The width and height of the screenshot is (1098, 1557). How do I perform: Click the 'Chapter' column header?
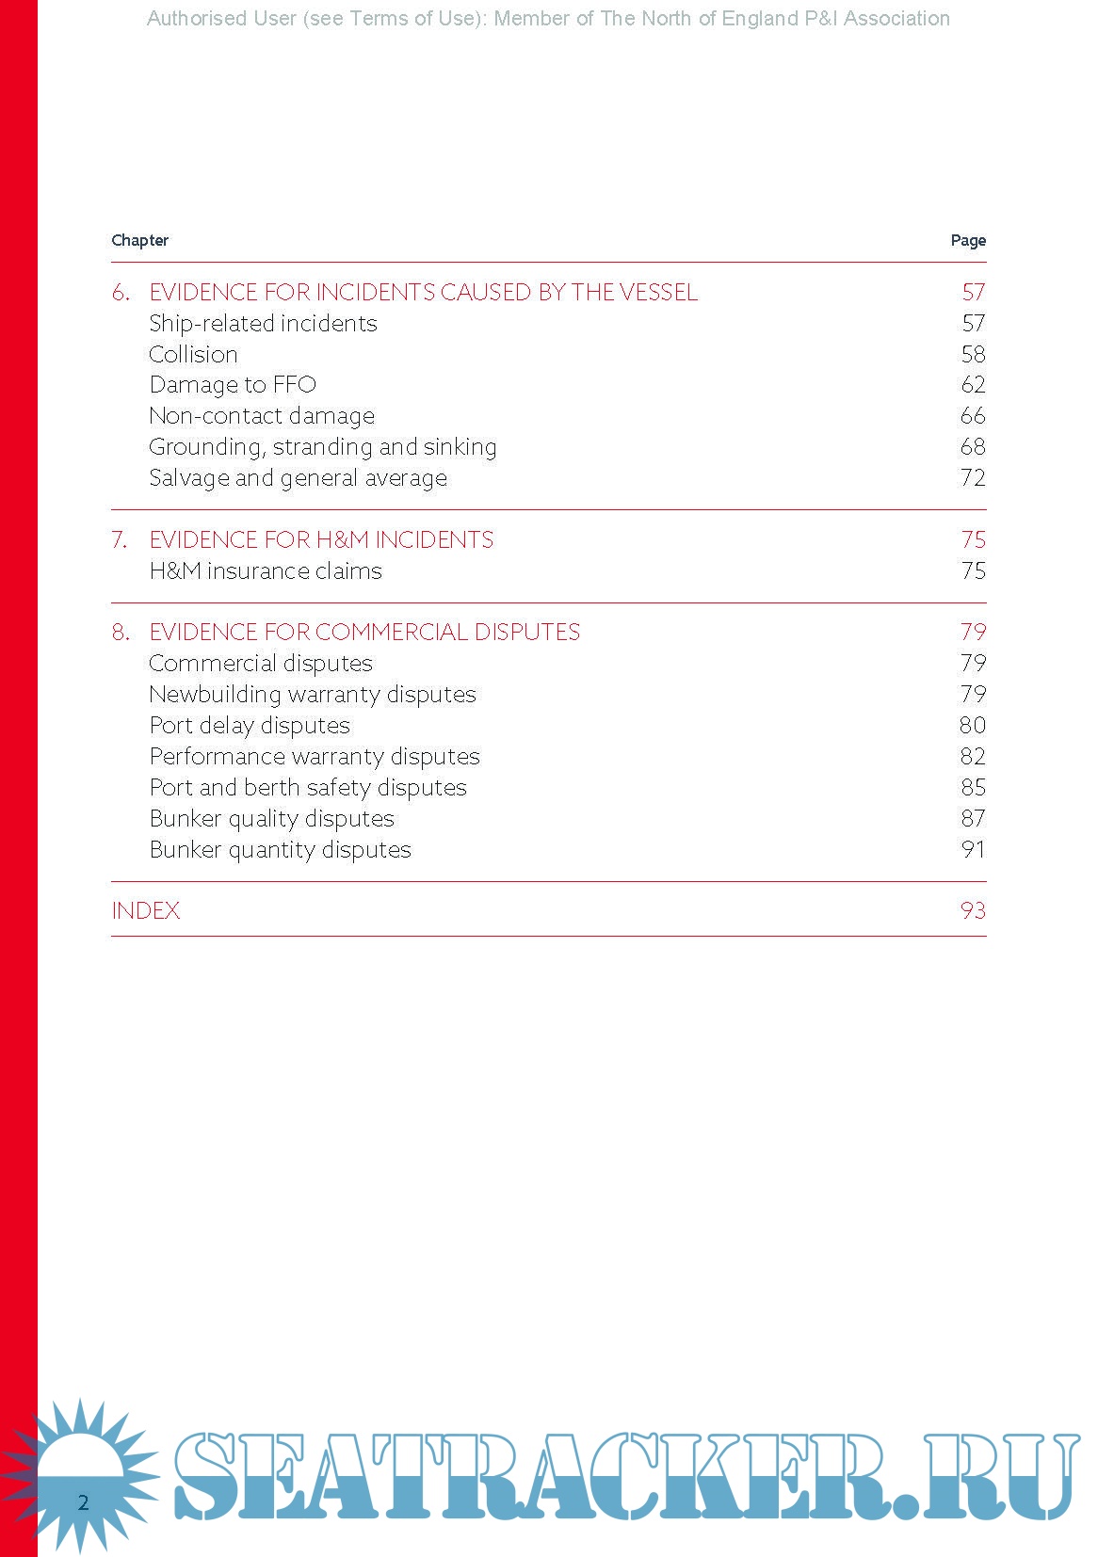point(139,240)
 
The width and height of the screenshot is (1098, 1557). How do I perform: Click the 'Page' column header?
point(968,240)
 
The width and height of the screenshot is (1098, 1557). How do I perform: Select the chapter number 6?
point(121,293)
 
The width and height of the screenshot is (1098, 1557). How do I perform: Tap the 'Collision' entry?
point(193,355)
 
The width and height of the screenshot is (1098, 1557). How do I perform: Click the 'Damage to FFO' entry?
point(233,385)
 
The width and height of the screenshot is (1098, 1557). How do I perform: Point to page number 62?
point(973,385)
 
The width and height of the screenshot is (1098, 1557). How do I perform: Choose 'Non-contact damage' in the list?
point(262,416)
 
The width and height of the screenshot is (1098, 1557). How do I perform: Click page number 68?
point(973,447)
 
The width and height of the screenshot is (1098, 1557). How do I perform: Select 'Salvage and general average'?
point(298,478)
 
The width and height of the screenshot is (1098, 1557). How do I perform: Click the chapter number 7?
point(120,540)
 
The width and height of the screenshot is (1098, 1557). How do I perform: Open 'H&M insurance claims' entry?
point(266,571)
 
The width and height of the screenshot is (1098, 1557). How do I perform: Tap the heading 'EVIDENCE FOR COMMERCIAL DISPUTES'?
point(364,632)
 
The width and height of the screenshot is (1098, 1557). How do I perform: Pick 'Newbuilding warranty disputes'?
point(313,695)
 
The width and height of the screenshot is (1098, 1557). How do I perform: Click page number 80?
point(973,726)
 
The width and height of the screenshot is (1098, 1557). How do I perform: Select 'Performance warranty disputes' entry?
point(315,757)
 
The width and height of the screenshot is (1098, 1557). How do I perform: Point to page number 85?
point(973,788)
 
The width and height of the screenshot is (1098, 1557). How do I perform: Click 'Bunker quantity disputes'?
point(281,850)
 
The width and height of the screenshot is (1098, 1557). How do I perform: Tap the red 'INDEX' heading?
point(146,911)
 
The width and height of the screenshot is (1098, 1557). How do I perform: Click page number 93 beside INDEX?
point(973,911)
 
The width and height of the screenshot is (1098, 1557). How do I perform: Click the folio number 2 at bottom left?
point(83,1502)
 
